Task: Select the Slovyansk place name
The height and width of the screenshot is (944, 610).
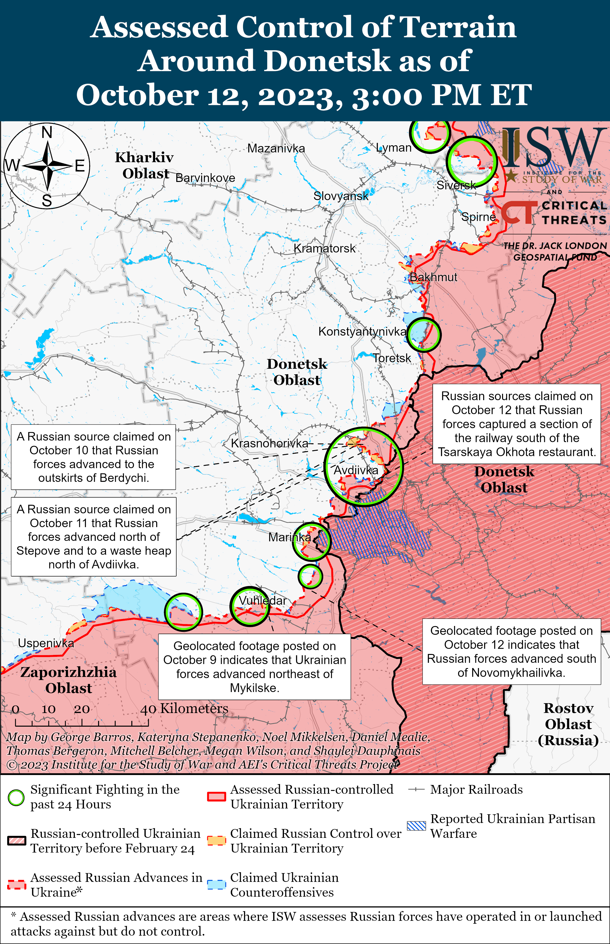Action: (x=341, y=196)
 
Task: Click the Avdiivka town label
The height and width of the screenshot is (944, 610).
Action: (x=356, y=470)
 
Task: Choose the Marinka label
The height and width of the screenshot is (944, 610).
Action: (x=289, y=537)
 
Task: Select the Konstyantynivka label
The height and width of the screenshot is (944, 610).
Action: (x=362, y=331)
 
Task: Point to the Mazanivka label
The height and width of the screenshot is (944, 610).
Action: (x=276, y=148)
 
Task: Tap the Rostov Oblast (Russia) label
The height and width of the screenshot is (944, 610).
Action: (x=568, y=724)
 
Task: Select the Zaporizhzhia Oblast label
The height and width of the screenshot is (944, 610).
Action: (x=68, y=680)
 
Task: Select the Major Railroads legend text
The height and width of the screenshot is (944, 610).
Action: (x=476, y=790)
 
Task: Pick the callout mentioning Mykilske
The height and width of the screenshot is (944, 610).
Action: (x=254, y=667)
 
